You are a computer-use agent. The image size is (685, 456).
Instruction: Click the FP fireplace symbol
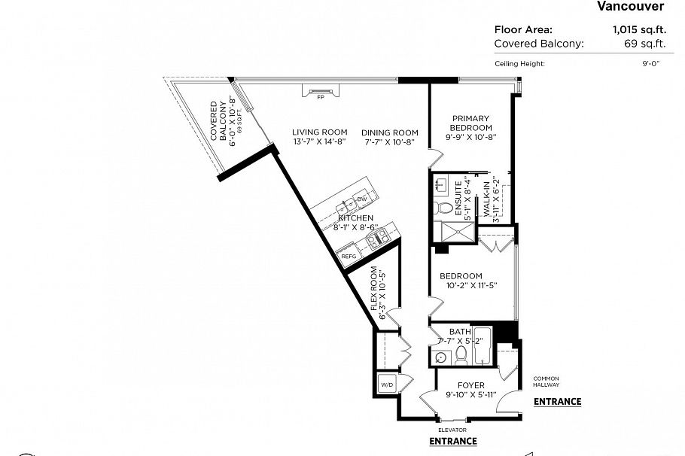click(320, 92)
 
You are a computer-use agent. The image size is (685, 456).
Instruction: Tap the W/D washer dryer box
click(387, 384)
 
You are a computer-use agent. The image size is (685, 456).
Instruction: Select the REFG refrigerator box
click(349, 257)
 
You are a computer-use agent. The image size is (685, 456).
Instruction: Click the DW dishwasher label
click(361, 199)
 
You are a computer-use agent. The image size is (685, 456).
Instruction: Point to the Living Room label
click(319, 137)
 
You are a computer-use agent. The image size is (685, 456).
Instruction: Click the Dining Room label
click(388, 137)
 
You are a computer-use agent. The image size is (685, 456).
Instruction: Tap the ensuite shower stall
click(458, 233)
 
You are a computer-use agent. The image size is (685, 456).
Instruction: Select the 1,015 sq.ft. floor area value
click(638, 30)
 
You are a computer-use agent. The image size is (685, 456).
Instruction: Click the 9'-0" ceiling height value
click(650, 64)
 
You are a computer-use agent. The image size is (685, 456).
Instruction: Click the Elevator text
click(453, 430)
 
